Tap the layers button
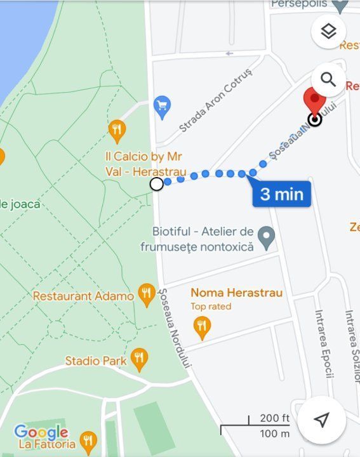pos(328,31)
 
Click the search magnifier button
pos(328,79)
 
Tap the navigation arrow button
pos(322,420)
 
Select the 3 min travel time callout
pos(281,194)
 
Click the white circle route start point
pos(156,184)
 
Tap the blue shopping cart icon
pos(163,107)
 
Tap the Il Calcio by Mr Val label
pos(145,164)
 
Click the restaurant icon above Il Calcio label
pos(117,131)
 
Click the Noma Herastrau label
pos(236,293)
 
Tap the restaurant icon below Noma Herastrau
pos(202,327)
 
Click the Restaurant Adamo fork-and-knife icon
pos(147,294)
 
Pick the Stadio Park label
pos(91,361)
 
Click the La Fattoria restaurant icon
pos(89,442)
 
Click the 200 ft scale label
pos(274,418)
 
